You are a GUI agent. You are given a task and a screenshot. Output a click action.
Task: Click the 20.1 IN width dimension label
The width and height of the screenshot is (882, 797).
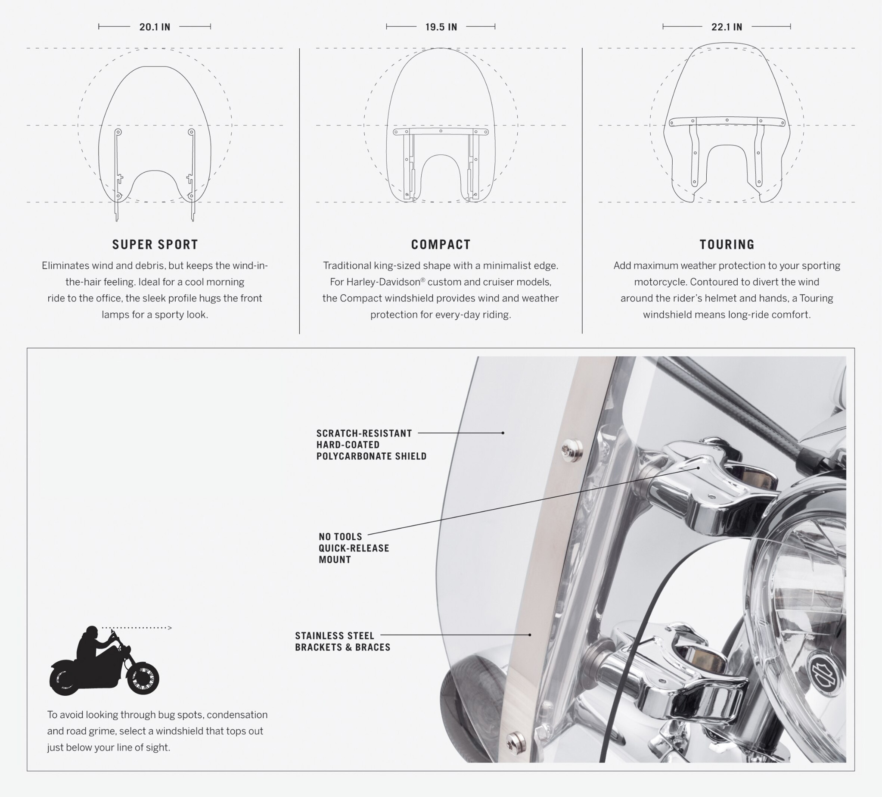click(x=155, y=27)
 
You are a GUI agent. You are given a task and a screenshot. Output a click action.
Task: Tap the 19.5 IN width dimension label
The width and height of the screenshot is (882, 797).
click(x=441, y=27)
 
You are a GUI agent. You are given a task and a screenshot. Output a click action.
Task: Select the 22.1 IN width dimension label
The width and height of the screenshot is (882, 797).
click(x=727, y=27)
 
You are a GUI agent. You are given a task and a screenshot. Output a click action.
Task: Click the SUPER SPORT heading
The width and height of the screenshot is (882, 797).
click(x=155, y=244)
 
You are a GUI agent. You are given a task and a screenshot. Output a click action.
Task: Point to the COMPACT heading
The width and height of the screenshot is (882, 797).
click(x=441, y=244)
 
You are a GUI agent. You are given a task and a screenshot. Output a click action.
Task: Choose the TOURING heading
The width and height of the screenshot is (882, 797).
click(x=727, y=244)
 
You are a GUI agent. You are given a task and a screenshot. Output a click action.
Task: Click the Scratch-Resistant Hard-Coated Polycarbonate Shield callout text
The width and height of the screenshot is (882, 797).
click(x=371, y=445)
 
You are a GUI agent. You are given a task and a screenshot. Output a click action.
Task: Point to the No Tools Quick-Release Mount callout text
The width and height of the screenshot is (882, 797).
click(x=354, y=548)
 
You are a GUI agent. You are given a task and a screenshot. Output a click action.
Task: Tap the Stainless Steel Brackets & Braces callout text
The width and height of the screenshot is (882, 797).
click(x=342, y=641)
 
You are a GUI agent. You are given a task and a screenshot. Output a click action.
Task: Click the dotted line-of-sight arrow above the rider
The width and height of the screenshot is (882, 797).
click(x=137, y=628)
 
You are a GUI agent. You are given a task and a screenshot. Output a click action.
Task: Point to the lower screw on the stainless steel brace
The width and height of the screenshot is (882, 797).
click(x=516, y=742)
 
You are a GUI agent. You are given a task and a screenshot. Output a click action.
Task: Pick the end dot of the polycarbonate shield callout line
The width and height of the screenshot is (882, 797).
click(x=503, y=433)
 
